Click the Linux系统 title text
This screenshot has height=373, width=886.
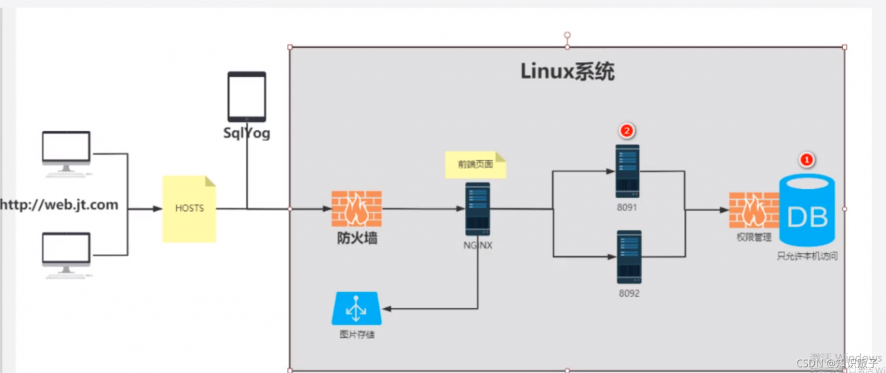click(x=567, y=71)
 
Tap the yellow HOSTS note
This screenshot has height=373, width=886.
click(x=189, y=208)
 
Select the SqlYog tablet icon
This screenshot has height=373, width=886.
click(x=246, y=97)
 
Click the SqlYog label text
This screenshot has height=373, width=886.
click(x=246, y=134)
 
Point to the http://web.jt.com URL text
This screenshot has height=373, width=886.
click(x=59, y=205)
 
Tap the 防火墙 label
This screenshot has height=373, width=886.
click(x=356, y=239)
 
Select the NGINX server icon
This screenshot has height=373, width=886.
click(x=478, y=208)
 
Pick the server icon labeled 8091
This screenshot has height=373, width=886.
click(x=628, y=171)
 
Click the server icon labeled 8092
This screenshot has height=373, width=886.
click(x=629, y=257)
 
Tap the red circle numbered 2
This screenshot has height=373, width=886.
click(x=627, y=129)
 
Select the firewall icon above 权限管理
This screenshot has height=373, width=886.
click(x=750, y=210)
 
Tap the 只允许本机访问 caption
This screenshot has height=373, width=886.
click(x=807, y=256)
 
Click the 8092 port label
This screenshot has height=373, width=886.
click(x=629, y=293)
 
